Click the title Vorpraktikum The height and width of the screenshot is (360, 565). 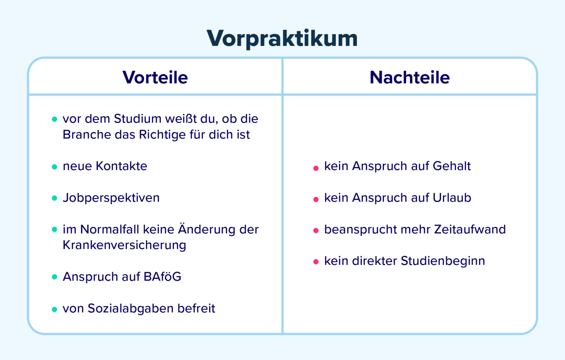(x=282, y=38)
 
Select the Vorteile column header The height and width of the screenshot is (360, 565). (x=155, y=78)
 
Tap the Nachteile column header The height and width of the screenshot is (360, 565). (x=409, y=78)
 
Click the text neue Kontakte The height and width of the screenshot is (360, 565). (x=105, y=166)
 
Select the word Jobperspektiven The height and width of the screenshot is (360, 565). (x=111, y=198)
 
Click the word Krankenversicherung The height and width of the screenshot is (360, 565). (x=124, y=245)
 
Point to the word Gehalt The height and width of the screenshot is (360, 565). (x=452, y=166)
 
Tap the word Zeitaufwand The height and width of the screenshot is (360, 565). (x=470, y=229)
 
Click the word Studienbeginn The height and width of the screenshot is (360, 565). (x=443, y=261)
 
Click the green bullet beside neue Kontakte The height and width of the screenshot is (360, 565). (x=54, y=167)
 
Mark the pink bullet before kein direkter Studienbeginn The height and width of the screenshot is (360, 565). (x=316, y=262)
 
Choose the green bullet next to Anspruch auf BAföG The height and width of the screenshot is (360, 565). (x=54, y=277)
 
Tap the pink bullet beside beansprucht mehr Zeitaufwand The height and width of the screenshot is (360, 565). (x=316, y=231)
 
